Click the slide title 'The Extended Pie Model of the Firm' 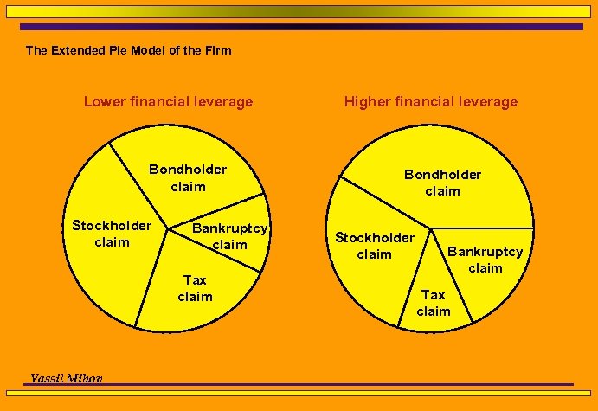(x=129, y=50)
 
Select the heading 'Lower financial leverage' (x=168, y=101)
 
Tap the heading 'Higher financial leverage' (x=431, y=101)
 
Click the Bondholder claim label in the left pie (x=188, y=177)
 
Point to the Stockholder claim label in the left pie (x=112, y=234)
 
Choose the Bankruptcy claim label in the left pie (x=229, y=236)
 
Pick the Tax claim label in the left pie (x=195, y=288)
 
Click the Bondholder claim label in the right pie (x=442, y=183)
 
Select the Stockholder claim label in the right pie (x=375, y=246)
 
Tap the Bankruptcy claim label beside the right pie (x=485, y=260)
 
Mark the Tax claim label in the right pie (x=434, y=303)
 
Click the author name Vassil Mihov (x=66, y=378)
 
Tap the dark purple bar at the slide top (x=299, y=27)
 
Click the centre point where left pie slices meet (x=166, y=232)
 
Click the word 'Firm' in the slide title (x=218, y=50)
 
